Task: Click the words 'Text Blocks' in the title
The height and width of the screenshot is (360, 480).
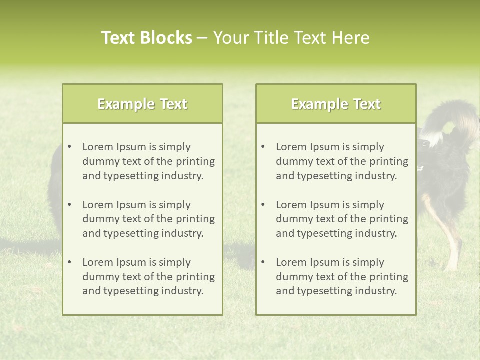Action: coord(146,38)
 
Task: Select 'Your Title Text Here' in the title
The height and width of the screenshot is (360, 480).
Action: coord(291,38)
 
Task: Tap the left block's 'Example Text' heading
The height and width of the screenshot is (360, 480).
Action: coord(142,104)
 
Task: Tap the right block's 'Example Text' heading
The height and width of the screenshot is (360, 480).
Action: coord(336,104)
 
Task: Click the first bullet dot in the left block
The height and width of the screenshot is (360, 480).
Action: coord(69,147)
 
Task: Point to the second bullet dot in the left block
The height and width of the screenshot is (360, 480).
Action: coord(69,205)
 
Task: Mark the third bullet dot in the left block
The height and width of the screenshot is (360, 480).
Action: coord(69,262)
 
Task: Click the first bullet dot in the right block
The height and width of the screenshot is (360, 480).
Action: coord(263,147)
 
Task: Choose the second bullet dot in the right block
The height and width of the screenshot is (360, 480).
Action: coord(263,205)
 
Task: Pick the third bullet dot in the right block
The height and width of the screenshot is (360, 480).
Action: coord(263,262)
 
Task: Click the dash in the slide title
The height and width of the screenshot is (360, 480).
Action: coord(202,38)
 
